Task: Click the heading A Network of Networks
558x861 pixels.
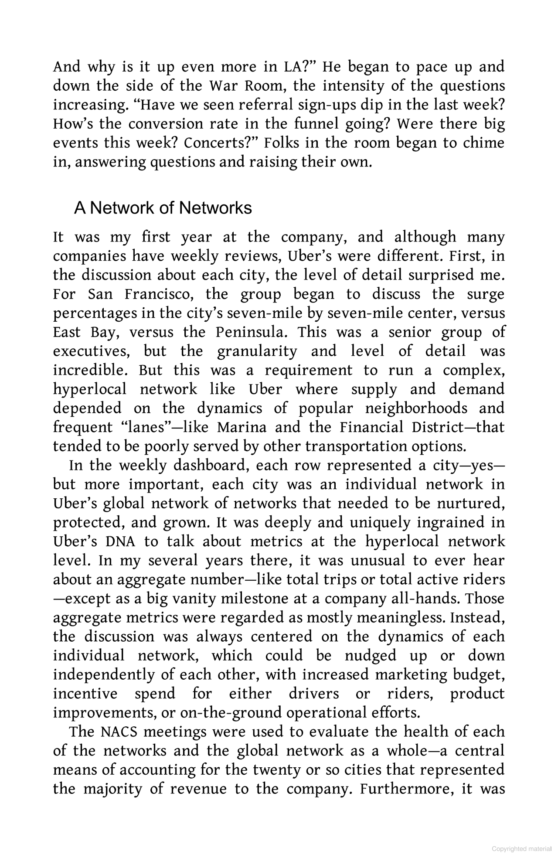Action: pos(163,208)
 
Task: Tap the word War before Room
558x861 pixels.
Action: pos(221,86)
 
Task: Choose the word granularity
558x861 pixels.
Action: pos(257,351)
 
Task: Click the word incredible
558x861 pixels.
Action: pos(90,371)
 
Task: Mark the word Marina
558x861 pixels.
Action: pos(242,427)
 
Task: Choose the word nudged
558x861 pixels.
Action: pos(371,656)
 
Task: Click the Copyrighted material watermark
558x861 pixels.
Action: pos(522,849)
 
